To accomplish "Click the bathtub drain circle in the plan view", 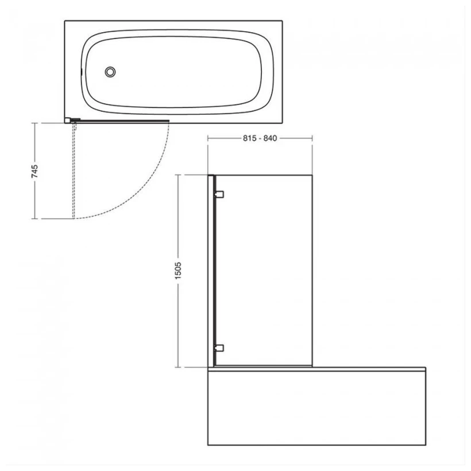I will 110,72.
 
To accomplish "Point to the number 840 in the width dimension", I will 269,138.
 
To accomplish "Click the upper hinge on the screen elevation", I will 219,194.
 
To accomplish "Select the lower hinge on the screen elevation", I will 219,347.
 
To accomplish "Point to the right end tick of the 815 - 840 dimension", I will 312,138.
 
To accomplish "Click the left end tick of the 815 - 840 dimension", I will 208,138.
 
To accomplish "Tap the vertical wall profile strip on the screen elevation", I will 211,270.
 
